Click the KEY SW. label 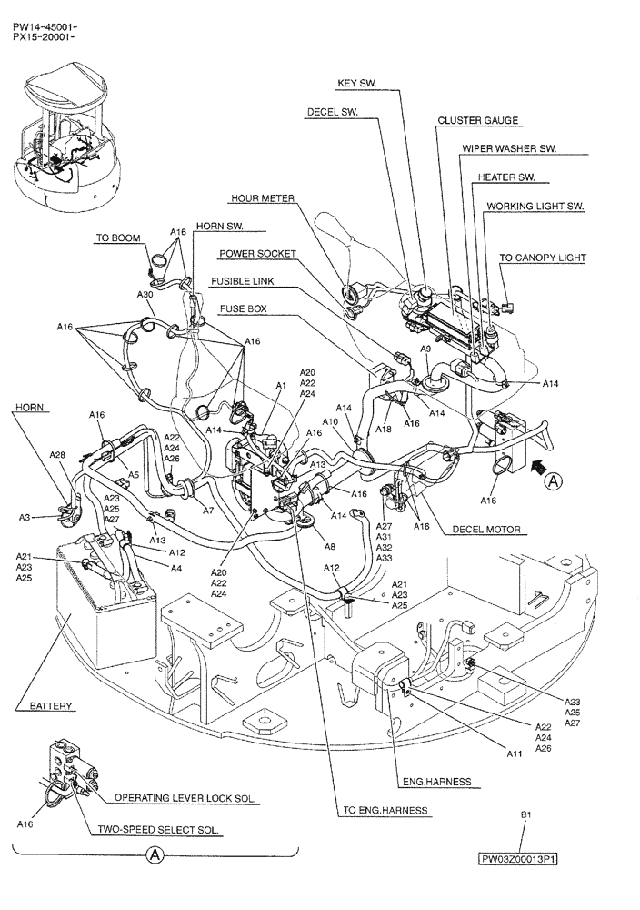pyautogui.click(x=356, y=83)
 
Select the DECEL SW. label pyautogui.click(x=333, y=113)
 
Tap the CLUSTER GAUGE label pyautogui.click(x=477, y=120)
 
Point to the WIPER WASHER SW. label pyautogui.click(x=509, y=147)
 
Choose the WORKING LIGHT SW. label pyautogui.click(x=535, y=207)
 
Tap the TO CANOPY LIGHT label pyautogui.click(x=543, y=258)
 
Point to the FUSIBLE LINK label pyautogui.click(x=242, y=281)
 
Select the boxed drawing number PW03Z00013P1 pyautogui.click(x=519, y=858)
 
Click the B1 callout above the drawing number pyautogui.click(x=525, y=816)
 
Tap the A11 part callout pyautogui.click(x=514, y=753)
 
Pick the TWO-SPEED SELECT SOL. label pyautogui.click(x=160, y=830)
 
